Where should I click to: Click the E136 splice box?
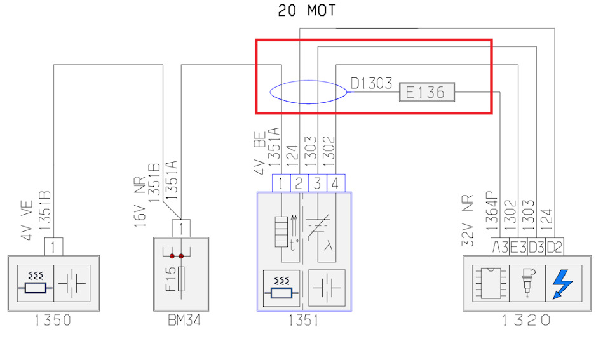(426, 93)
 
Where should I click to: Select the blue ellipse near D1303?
(308, 92)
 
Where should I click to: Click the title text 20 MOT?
(307, 11)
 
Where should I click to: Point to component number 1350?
(53, 320)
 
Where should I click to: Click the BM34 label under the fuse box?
(181, 320)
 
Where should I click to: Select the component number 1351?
(304, 320)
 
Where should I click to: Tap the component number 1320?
(527, 320)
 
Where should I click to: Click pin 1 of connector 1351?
(280, 183)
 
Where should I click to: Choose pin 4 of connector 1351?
(335, 183)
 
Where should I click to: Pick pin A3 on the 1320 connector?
(499, 246)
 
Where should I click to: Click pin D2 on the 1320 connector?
(555, 246)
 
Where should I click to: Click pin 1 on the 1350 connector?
(53, 246)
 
